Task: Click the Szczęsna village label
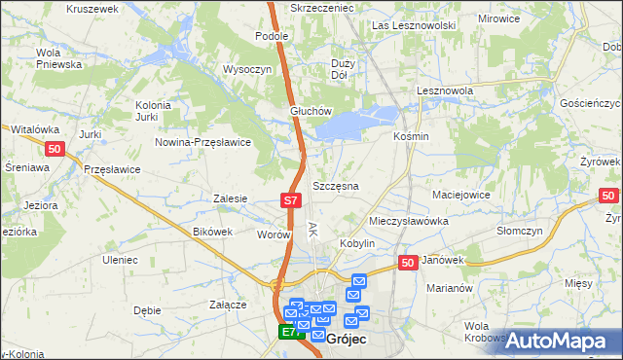click(x=336, y=185)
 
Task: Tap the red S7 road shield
click(x=290, y=200)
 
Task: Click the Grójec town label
click(x=346, y=340)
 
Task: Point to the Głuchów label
click(x=311, y=111)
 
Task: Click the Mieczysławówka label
click(x=408, y=221)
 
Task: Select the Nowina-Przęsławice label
click(x=203, y=142)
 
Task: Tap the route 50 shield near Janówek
click(x=408, y=263)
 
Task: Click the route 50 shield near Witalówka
click(x=55, y=148)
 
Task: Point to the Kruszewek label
click(x=92, y=8)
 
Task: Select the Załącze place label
click(x=227, y=304)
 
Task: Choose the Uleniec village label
click(x=124, y=260)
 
